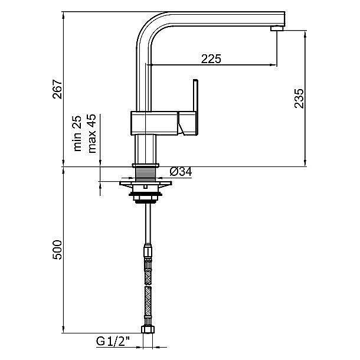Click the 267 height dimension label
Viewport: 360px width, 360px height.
tap(57, 89)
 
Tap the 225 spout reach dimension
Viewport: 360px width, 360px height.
tap(211, 59)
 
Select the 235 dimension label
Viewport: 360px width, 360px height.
tap(299, 99)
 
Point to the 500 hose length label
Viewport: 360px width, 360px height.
tap(57, 250)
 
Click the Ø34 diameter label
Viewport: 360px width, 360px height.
tap(181, 172)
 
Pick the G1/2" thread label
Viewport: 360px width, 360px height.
tap(113, 341)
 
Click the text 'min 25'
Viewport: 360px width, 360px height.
tap(77, 133)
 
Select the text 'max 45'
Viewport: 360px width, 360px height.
tap(92, 133)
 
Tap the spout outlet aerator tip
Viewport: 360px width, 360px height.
tap(277, 28)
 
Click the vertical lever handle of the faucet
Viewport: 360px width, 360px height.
tap(195, 96)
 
